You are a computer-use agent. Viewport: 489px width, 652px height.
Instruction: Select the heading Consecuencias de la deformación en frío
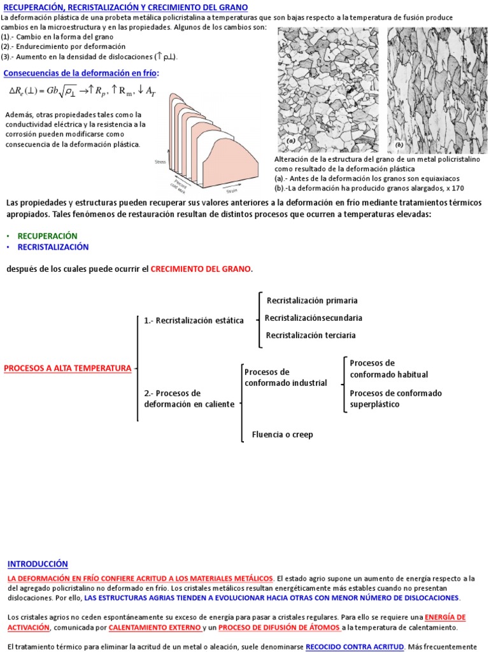pos(81,74)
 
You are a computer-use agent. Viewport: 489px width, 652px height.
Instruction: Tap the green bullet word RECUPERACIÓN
pos(47,236)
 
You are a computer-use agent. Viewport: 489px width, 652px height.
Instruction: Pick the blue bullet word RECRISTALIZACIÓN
pos(53,246)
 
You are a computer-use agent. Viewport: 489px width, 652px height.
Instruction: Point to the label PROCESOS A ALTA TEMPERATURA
pos(67,368)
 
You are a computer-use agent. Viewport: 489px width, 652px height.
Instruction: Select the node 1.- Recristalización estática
pos(194,320)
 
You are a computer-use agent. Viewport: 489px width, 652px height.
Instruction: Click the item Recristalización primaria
pos(312,301)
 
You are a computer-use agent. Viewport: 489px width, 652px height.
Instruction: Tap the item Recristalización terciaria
pos(311,335)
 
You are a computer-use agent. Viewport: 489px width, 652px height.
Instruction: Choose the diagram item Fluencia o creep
pos(282,435)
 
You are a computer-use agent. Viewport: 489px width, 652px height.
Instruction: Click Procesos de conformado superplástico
pos(395,399)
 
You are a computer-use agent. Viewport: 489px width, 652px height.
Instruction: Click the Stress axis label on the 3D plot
pos(160,162)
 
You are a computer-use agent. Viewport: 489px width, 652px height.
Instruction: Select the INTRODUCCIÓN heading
pos(38,564)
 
